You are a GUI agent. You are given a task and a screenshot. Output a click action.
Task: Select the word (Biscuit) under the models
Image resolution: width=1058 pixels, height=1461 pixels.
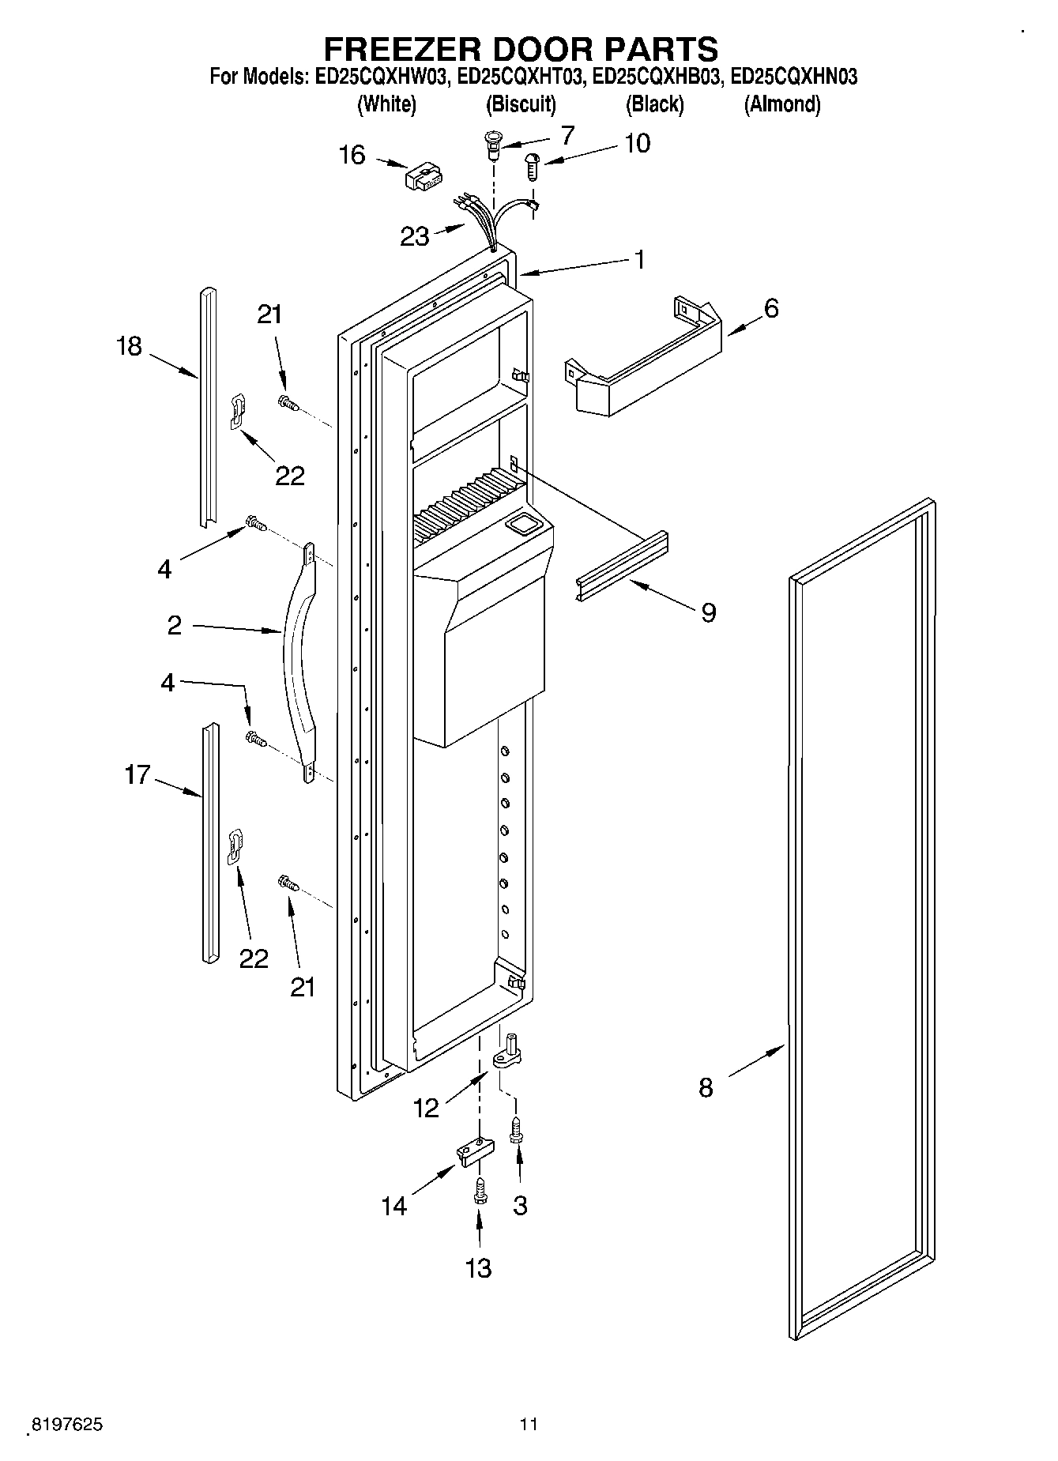521,104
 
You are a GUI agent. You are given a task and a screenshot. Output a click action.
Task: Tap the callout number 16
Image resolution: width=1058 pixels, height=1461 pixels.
352,155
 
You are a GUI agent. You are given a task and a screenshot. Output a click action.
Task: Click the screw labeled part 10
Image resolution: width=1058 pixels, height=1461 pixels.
533,167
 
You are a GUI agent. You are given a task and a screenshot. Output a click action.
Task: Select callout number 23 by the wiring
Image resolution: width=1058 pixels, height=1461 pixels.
415,235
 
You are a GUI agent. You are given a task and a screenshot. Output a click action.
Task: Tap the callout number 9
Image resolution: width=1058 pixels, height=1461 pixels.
709,612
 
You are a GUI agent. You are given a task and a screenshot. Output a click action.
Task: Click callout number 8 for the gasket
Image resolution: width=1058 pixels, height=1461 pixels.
706,1087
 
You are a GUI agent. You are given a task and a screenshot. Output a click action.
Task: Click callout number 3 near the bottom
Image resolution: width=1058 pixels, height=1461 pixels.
520,1205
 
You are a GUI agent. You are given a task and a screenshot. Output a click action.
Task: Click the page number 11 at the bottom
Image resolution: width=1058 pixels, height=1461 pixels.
529,1424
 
